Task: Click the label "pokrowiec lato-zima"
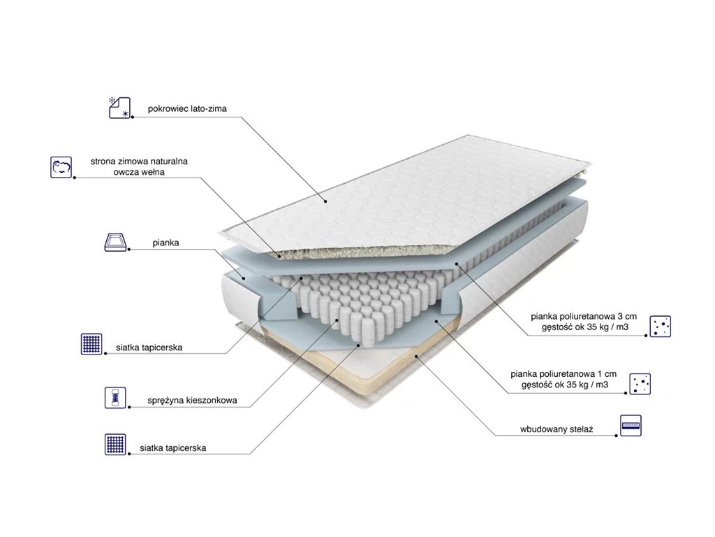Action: [187, 108]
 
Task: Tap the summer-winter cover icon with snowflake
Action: [119, 108]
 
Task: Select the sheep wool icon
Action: [61, 166]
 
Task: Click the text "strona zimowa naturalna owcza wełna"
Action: [139, 166]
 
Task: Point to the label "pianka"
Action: [165, 243]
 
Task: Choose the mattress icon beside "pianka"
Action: [115, 241]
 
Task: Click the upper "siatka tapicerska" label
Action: [149, 348]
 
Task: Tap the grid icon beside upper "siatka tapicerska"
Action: [91, 344]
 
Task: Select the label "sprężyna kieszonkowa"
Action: [192, 401]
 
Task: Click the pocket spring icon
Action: [115, 397]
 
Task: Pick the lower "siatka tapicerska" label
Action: [173, 448]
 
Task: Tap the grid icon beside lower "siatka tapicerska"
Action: [115, 444]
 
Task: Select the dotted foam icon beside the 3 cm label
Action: [661, 326]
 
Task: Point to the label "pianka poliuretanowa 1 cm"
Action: [563, 374]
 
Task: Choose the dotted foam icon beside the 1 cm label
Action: [640, 384]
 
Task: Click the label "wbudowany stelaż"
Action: [556, 429]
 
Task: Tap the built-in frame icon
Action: [631, 426]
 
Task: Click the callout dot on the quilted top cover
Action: [325, 201]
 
